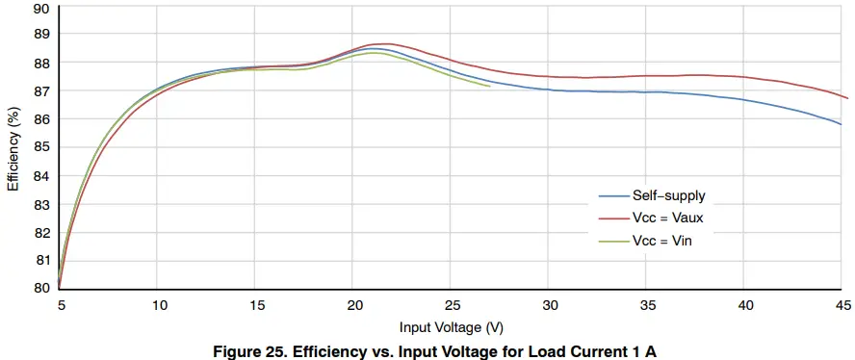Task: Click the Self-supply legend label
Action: click(x=668, y=195)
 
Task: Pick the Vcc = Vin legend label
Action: click(x=661, y=241)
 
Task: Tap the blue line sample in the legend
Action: click(x=608, y=195)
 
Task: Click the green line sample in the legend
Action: click(x=608, y=241)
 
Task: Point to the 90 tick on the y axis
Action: click(x=41, y=9)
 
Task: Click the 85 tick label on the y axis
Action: click(x=41, y=148)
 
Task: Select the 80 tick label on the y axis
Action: click(x=41, y=288)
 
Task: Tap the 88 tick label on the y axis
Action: click(x=41, y=64)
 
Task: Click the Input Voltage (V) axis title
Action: click(x=452, y=327)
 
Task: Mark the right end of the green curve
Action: click(x=490, y=86)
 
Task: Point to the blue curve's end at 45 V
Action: click(x=841, y=124)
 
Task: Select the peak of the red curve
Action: click(x=382, y=43)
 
